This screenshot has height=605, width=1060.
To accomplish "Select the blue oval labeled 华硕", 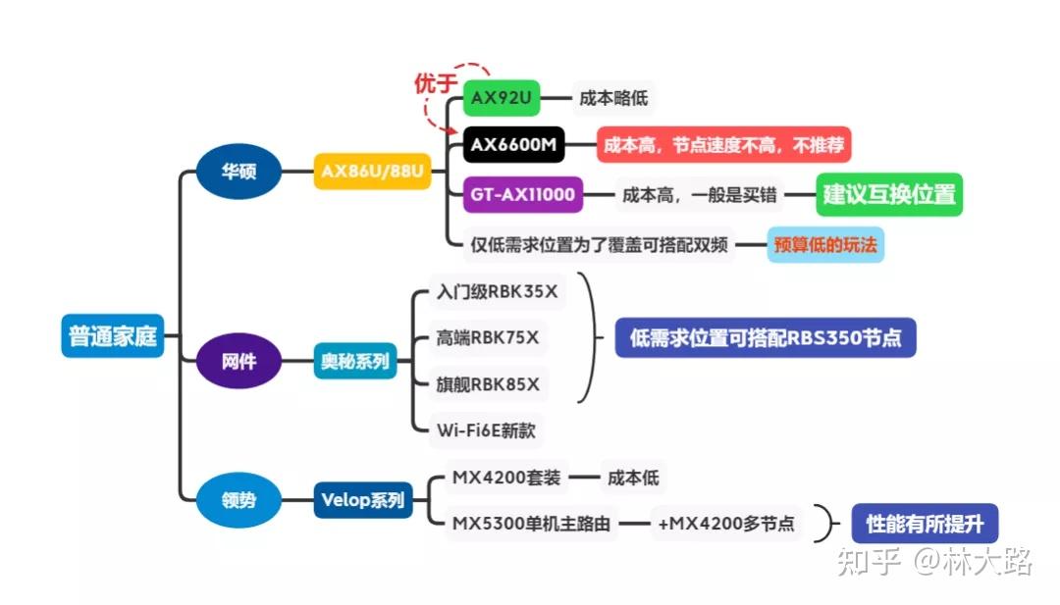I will [x=238, y=172].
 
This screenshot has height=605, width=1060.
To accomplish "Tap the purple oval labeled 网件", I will [x=238, y=361].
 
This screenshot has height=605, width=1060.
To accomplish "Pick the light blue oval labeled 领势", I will [x=238, y=500].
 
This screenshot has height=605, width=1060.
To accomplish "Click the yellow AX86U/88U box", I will [x=373, y=172].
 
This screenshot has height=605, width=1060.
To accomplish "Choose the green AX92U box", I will [x=502, y=99].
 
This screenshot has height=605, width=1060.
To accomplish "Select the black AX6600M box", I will [x=513, y=146].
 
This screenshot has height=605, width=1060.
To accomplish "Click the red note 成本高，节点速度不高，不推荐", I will [x=723, y=146].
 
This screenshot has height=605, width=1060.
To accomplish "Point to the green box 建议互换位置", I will [x=888, y=194].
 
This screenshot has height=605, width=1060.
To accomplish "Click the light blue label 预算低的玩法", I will [x=825, y=244].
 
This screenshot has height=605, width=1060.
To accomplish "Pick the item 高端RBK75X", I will [x=488, y=338].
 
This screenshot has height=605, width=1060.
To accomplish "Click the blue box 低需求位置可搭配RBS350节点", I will [x=765, y=338].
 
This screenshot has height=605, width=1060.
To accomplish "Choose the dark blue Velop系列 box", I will [x=362, y=500].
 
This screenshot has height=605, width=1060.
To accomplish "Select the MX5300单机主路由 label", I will [x=531, y=525].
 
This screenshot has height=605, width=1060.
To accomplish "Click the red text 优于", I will [x=435, y=84].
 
